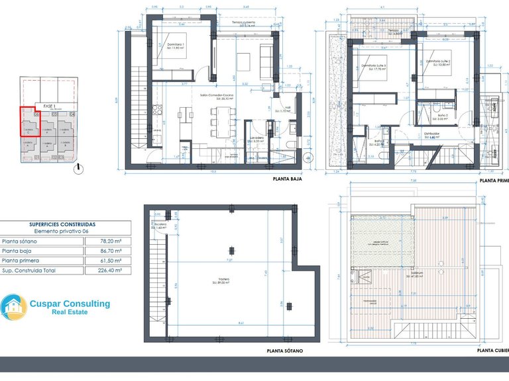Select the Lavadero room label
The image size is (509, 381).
click(257, 140)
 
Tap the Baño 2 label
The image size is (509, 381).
click(443, 116)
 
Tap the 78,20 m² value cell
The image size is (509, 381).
click(107, 242)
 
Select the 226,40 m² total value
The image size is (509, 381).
click(107, 271)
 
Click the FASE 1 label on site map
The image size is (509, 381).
click(48, 106)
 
